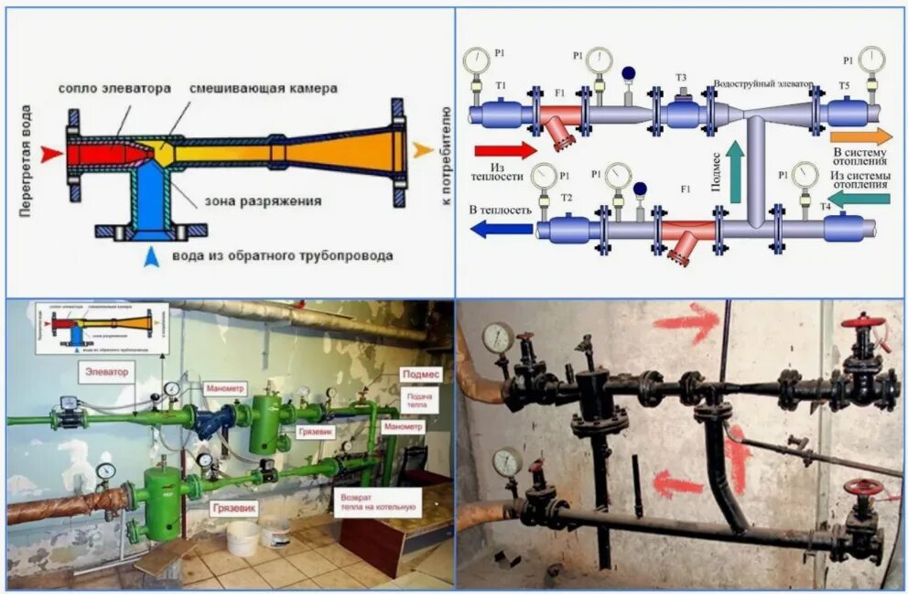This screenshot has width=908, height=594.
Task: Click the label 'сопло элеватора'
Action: click(114, 89)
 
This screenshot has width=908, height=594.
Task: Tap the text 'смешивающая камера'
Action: click(264, 89)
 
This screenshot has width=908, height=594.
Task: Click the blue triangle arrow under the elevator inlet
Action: click(152, 257)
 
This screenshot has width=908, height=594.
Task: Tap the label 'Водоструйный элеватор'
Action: click(762, 83)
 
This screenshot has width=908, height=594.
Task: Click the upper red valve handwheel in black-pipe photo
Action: click(863, 323)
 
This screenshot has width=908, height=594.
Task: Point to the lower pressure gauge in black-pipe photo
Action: click(506, 460)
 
